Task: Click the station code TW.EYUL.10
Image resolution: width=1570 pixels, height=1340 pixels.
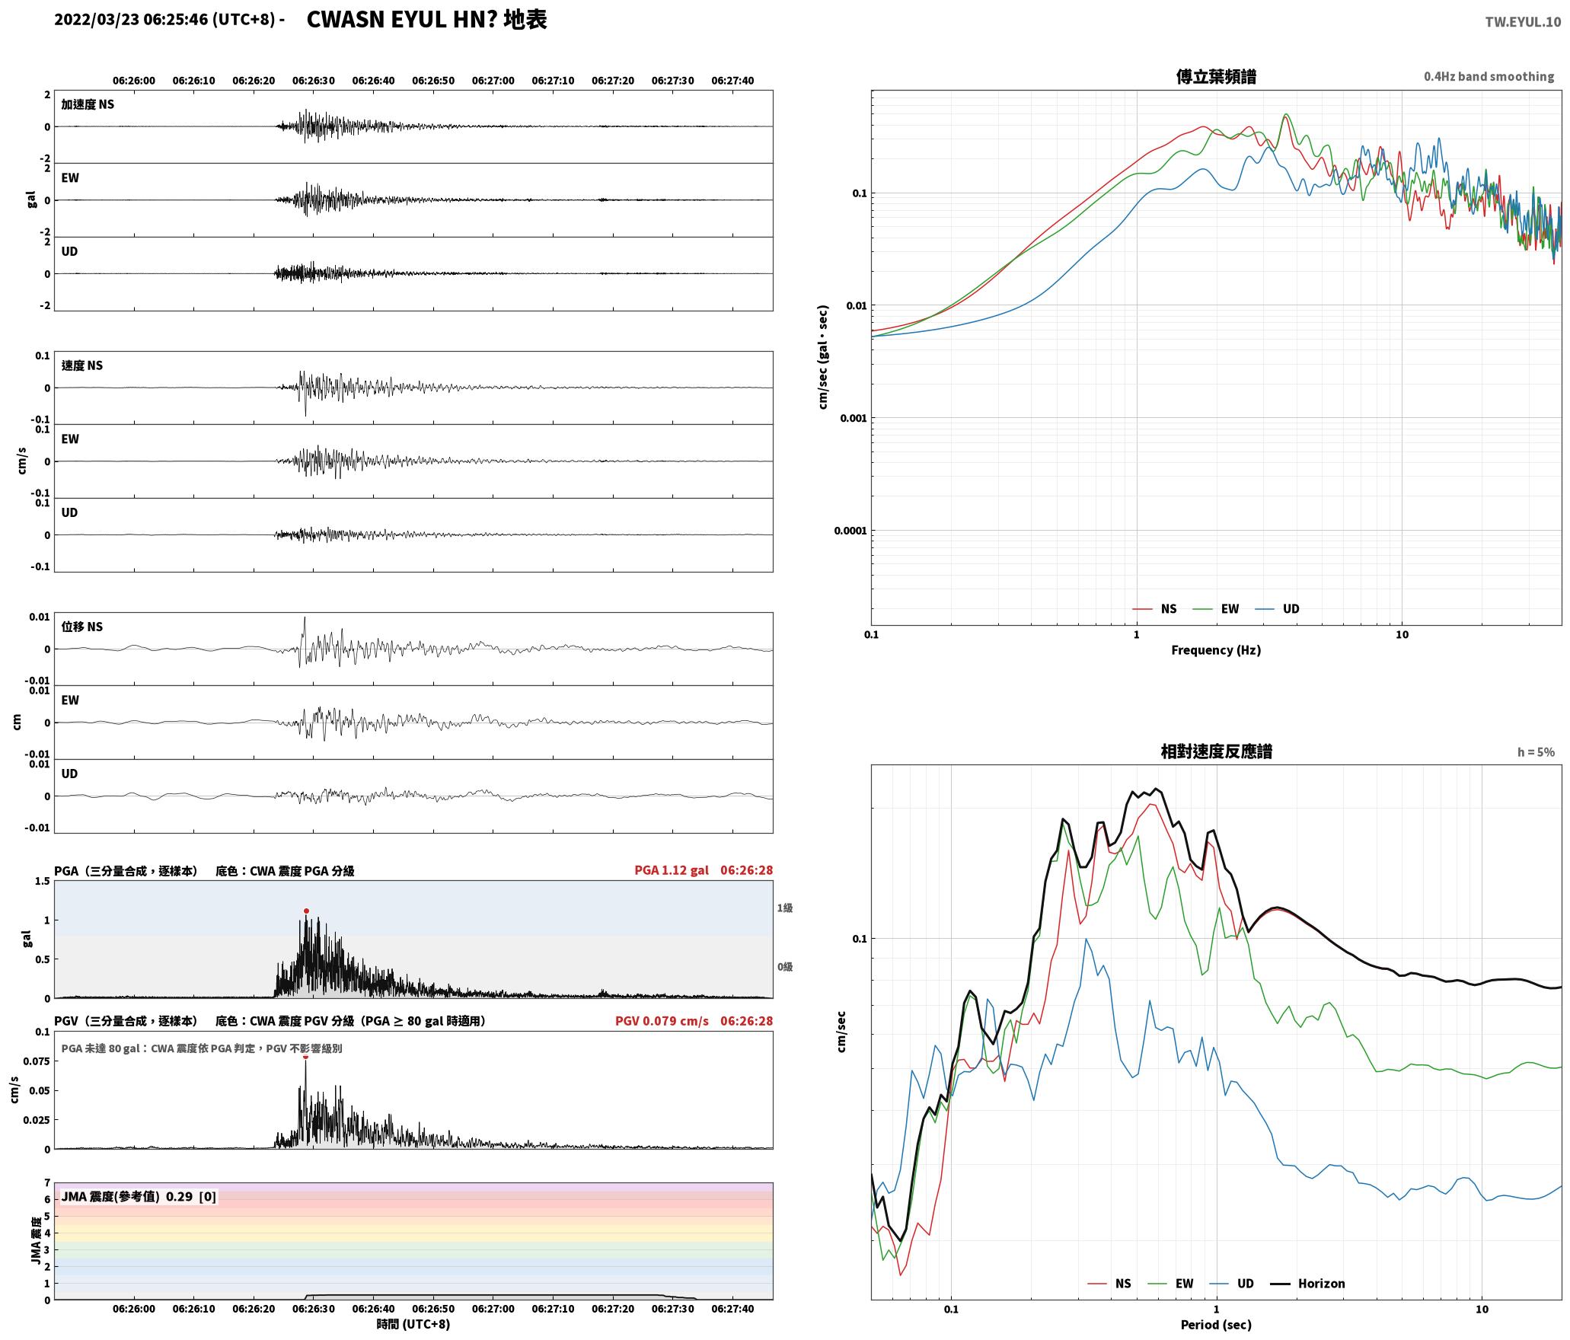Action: point(1523,22)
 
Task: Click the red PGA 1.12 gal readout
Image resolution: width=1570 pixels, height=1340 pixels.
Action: point(671,870)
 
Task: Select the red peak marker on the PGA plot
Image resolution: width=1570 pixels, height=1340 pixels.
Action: point(306,911)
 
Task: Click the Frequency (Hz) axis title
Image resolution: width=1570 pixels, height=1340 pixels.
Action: point(1216,650)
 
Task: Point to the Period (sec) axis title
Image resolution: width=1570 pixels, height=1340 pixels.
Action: point(1216,1325)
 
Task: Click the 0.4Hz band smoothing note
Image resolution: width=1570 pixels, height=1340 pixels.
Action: point(1489,77)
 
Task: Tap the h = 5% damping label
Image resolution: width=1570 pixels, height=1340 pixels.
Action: point(1536,752)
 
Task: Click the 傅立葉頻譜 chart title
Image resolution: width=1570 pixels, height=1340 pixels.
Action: point(1216,77)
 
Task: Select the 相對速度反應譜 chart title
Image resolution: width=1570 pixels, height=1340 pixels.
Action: point(1216,751)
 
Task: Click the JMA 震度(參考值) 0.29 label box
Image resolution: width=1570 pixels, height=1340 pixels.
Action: point(139,1197)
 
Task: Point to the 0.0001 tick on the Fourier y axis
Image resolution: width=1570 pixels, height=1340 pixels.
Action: point(850,531)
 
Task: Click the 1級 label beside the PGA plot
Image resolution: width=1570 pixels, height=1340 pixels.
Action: point(785,908)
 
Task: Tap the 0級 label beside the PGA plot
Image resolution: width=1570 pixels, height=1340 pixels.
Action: point(785,967)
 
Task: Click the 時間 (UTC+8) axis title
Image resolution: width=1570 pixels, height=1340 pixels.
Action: point(413,1324)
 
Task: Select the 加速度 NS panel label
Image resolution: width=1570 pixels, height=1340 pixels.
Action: point(88,104)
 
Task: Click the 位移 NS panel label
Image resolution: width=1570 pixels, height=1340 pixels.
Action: point(82,627)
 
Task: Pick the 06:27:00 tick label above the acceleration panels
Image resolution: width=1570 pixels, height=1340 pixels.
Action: point(493,81)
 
